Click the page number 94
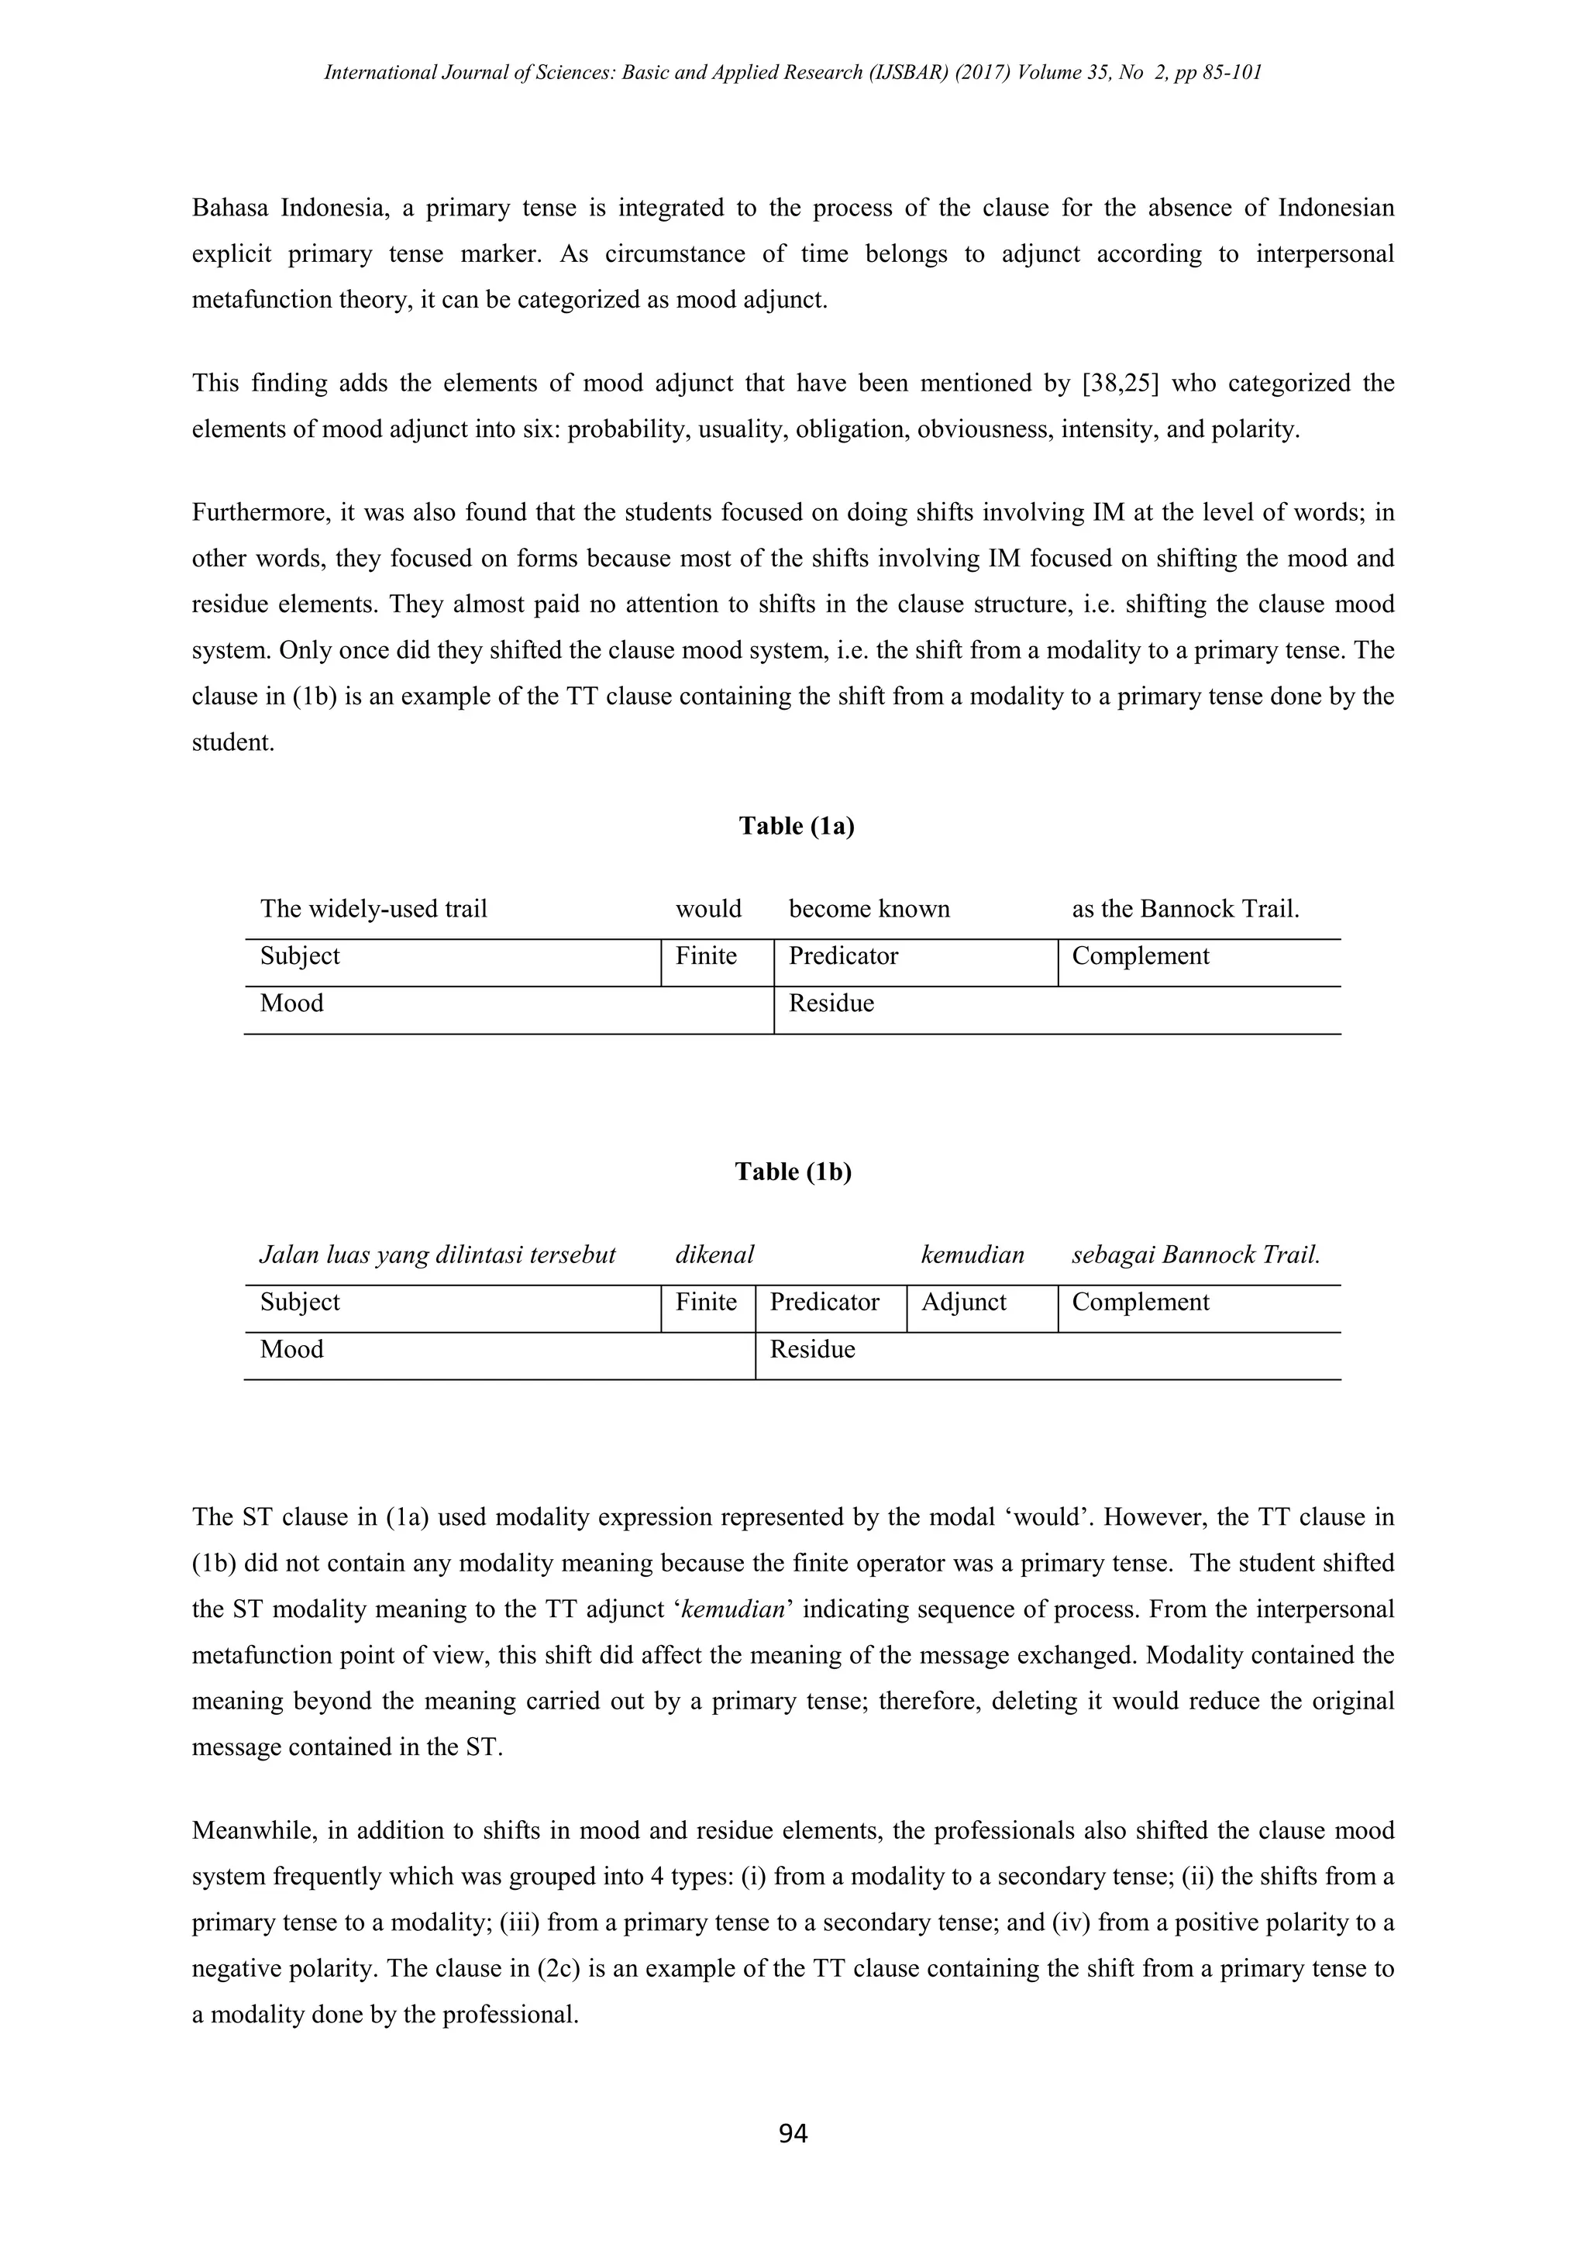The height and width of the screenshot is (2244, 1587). (x=793, y=2133)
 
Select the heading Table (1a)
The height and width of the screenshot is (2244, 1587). (x=797, y=826)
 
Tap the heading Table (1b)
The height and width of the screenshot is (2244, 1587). (x=793, y=1172)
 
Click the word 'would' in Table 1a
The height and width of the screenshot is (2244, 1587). (x=708, y=909)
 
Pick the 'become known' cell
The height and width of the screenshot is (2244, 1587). (x=869, y=909)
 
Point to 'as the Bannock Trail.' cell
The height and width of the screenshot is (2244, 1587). (x=1186, y=909)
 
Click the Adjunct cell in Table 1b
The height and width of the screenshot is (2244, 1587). (x=963, y=1302)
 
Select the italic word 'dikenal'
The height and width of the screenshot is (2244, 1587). (x=714, y=1255)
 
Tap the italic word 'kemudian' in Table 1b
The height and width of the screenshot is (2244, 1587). (x=973, y=1255)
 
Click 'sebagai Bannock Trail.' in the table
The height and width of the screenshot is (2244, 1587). (x=1195, y=1255)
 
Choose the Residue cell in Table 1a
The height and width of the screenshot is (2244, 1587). (x=831, y=1003)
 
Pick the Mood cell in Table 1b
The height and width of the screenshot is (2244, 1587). (x=291, y=1350)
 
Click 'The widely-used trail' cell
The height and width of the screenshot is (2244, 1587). (x=374, y=909)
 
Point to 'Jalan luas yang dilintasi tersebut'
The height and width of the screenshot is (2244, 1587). (x=437, y=1255)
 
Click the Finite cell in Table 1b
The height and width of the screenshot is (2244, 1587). (x=706, y=1302)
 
